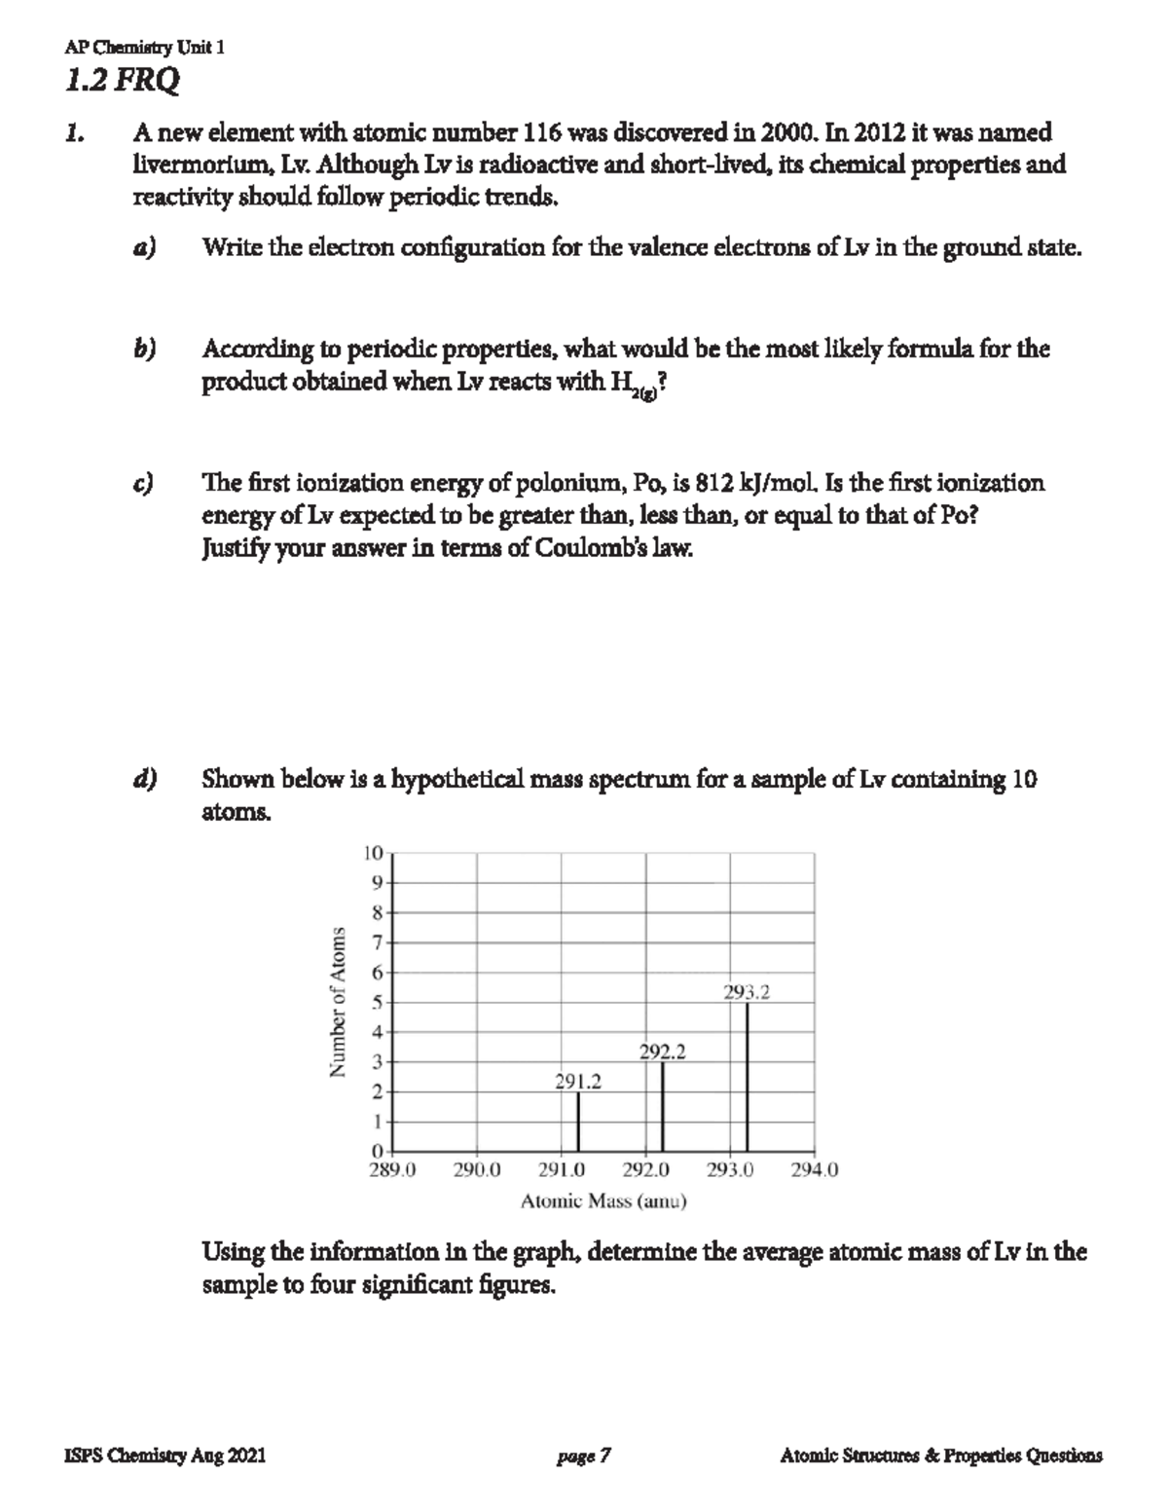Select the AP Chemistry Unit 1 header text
click(144, 49)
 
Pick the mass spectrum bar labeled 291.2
click(578, 1122)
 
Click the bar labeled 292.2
click(663, 1107)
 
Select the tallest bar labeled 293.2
click(748, 1077)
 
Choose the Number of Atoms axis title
click(338, 1002)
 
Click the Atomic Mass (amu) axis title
click(603, 1201)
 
